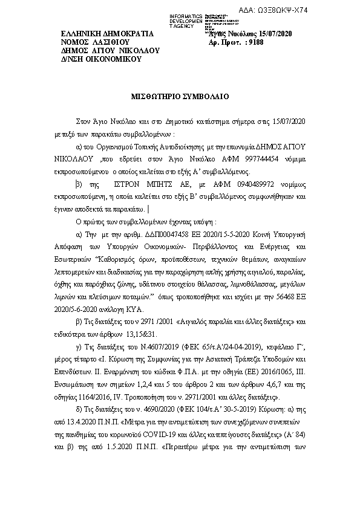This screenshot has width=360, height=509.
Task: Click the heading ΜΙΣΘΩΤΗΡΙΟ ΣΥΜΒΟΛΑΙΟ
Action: coord(180,96)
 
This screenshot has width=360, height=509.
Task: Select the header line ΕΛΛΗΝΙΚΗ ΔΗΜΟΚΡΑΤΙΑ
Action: coord(108,34)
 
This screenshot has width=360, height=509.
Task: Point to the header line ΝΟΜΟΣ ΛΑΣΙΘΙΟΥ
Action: coord(96,42)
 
